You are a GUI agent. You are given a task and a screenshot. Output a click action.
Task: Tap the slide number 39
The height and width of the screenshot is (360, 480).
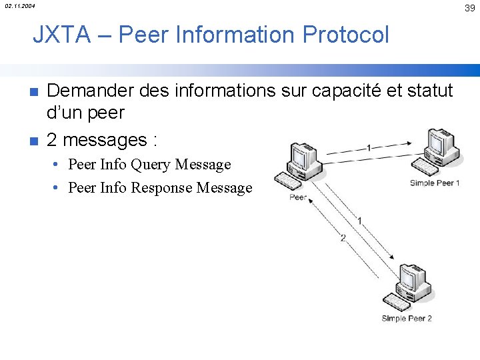tap(470, 8)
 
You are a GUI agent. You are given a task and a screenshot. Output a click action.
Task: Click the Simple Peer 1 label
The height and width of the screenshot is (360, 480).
tap(435, 183)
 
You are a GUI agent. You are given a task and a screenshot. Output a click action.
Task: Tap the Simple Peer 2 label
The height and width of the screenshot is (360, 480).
tap(407, 319)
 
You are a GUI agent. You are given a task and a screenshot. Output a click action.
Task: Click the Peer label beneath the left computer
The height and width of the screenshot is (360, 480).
tap(298, 197)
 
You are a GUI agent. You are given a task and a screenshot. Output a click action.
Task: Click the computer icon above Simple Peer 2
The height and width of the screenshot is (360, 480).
tap(408, 287)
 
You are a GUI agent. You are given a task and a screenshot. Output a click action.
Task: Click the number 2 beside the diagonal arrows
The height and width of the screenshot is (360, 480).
tap(343, 238)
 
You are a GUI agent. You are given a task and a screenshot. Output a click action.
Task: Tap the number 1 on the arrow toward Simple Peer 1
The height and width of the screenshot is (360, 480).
tap(369, 148)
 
